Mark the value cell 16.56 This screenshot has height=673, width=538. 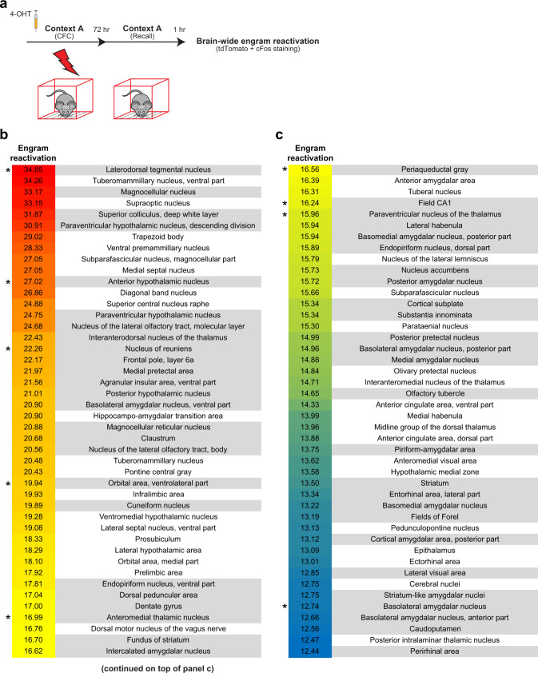tap(308, 169)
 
